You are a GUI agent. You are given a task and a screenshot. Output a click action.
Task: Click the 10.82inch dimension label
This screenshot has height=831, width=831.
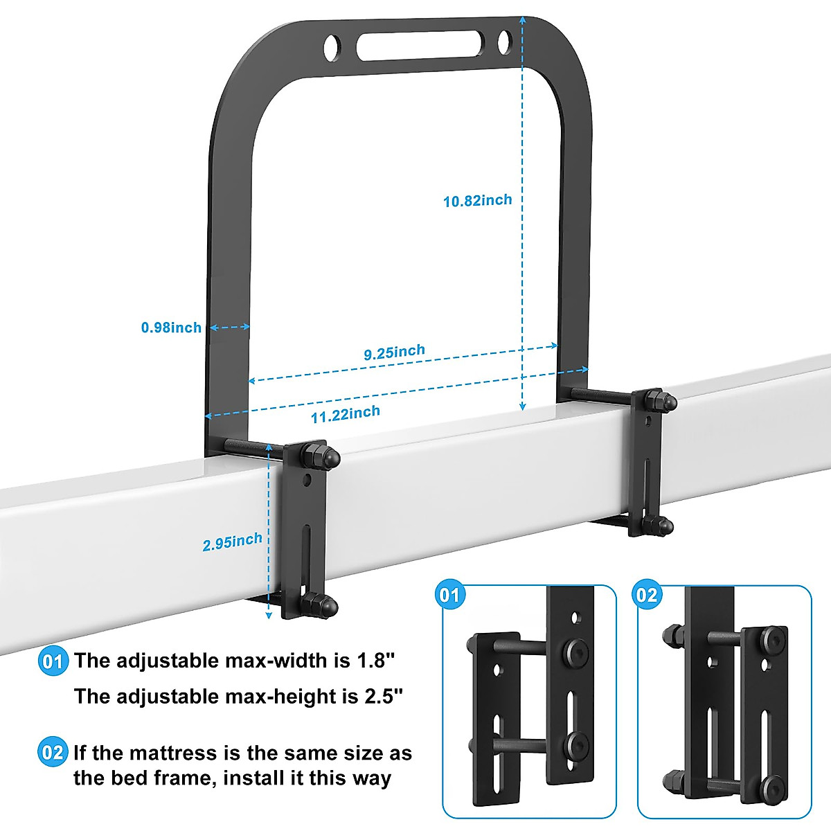click(x=477, y=201)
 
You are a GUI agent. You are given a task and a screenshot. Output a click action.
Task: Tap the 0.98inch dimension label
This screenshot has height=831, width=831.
click(x=171, y=327)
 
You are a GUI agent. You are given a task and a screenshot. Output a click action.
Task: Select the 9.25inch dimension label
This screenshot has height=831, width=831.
click(x=394, y=352)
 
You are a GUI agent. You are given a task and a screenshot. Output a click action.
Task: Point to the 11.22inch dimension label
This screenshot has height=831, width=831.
click(x=345, y=414)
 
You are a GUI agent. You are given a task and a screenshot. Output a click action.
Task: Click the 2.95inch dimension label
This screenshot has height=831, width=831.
click(x=232, y=542)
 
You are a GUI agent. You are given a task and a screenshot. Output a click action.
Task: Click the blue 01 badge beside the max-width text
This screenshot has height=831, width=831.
click(x=53, y=661)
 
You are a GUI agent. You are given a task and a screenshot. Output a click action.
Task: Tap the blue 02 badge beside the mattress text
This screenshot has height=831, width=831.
click(x=53, y=753)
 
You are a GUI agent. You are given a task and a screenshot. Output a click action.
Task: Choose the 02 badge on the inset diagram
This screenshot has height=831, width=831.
click(x=646, y=595)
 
